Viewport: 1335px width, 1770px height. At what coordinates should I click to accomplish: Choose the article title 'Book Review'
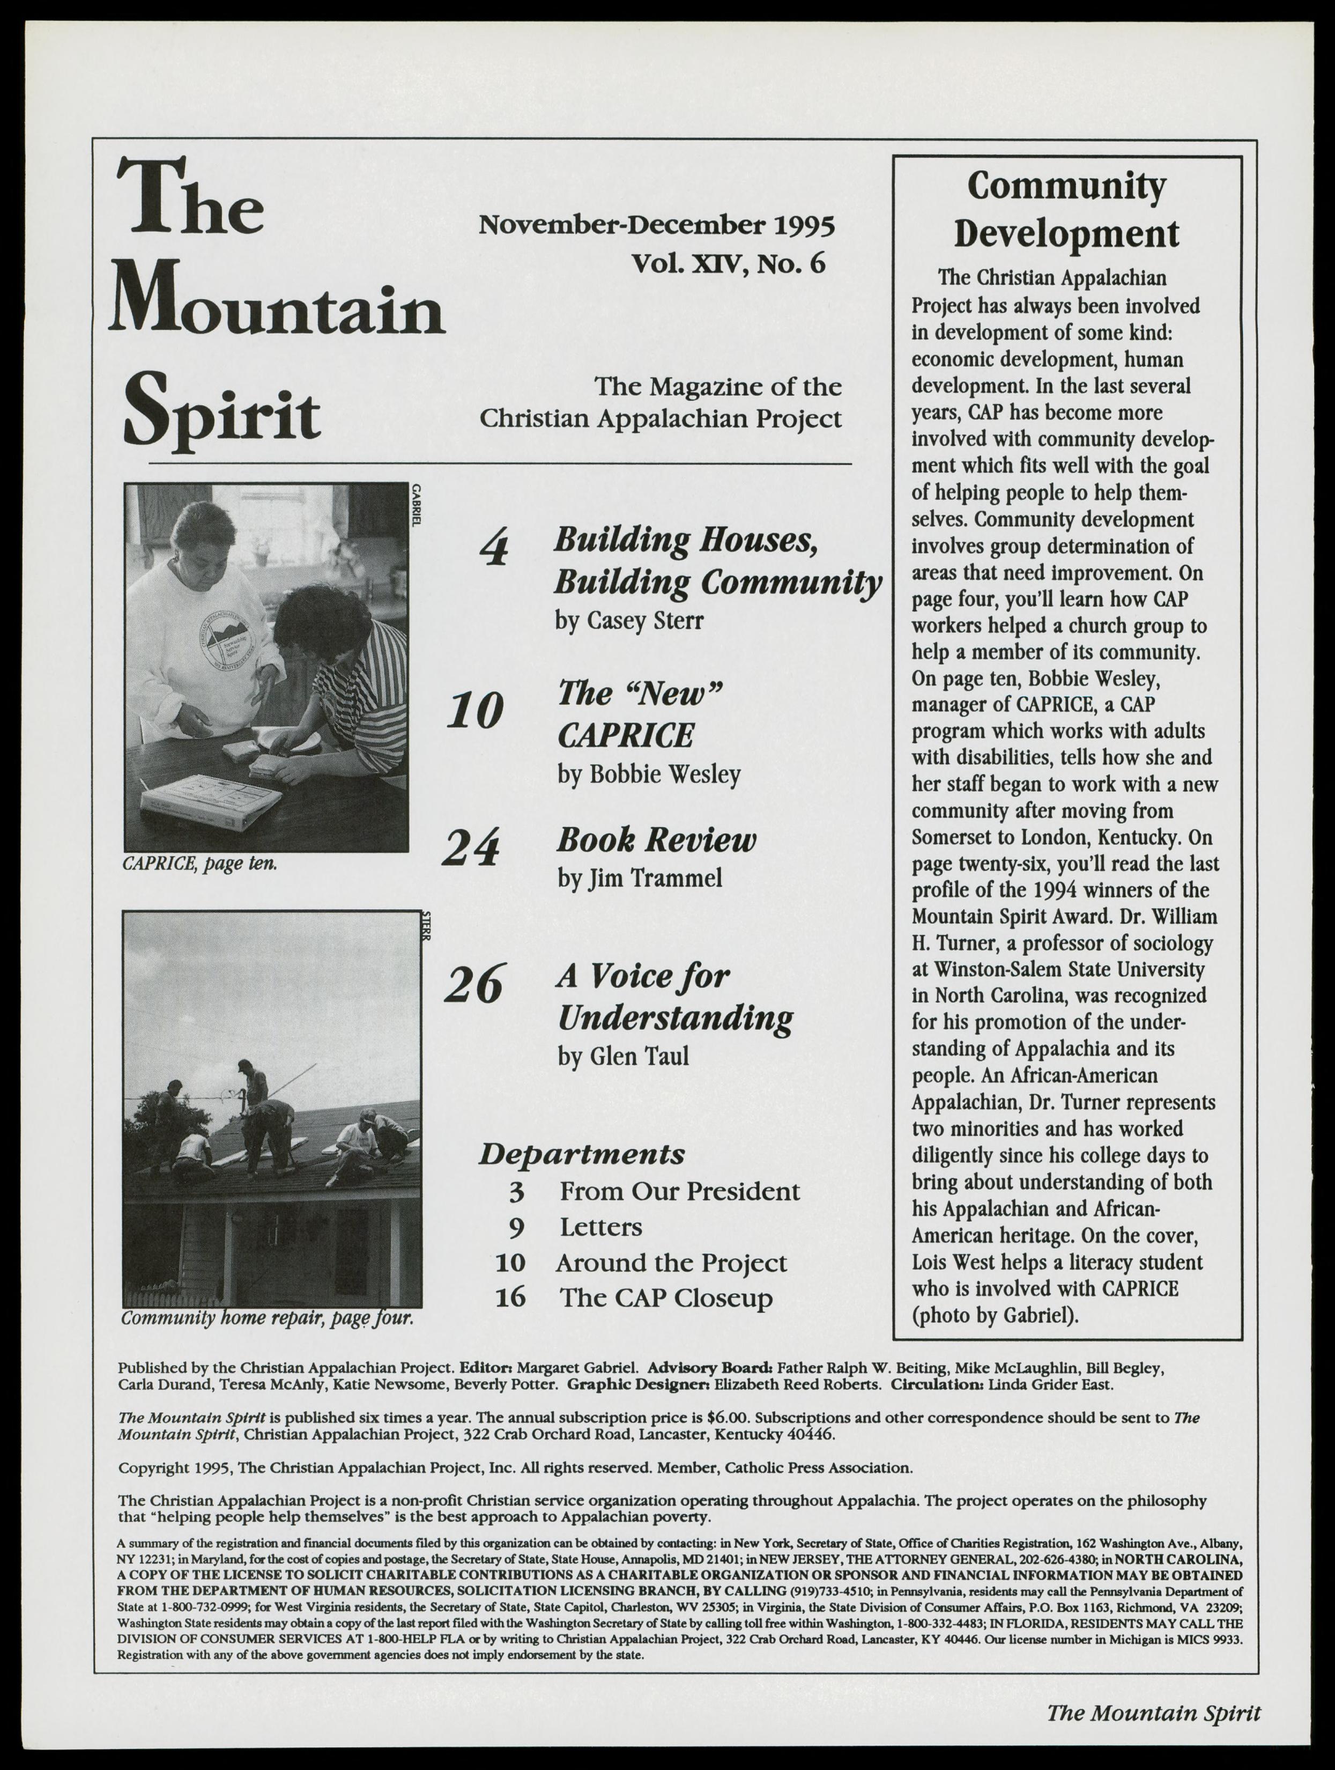pyautogui.click(x=656, y=840)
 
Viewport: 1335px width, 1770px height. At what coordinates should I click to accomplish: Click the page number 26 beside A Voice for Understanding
pyautogui.click(x=473, y=985)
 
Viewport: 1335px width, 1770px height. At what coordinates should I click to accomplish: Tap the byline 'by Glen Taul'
pyautogui.click(x=623, y=1056)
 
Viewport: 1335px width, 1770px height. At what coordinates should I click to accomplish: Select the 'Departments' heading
pyautogui.click(x=582, y=1154)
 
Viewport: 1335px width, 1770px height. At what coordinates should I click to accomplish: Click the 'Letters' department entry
pyautogui.click(x=600, y=1227)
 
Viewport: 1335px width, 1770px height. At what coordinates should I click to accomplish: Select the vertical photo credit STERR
pyautogui.click(x=426, y=926)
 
